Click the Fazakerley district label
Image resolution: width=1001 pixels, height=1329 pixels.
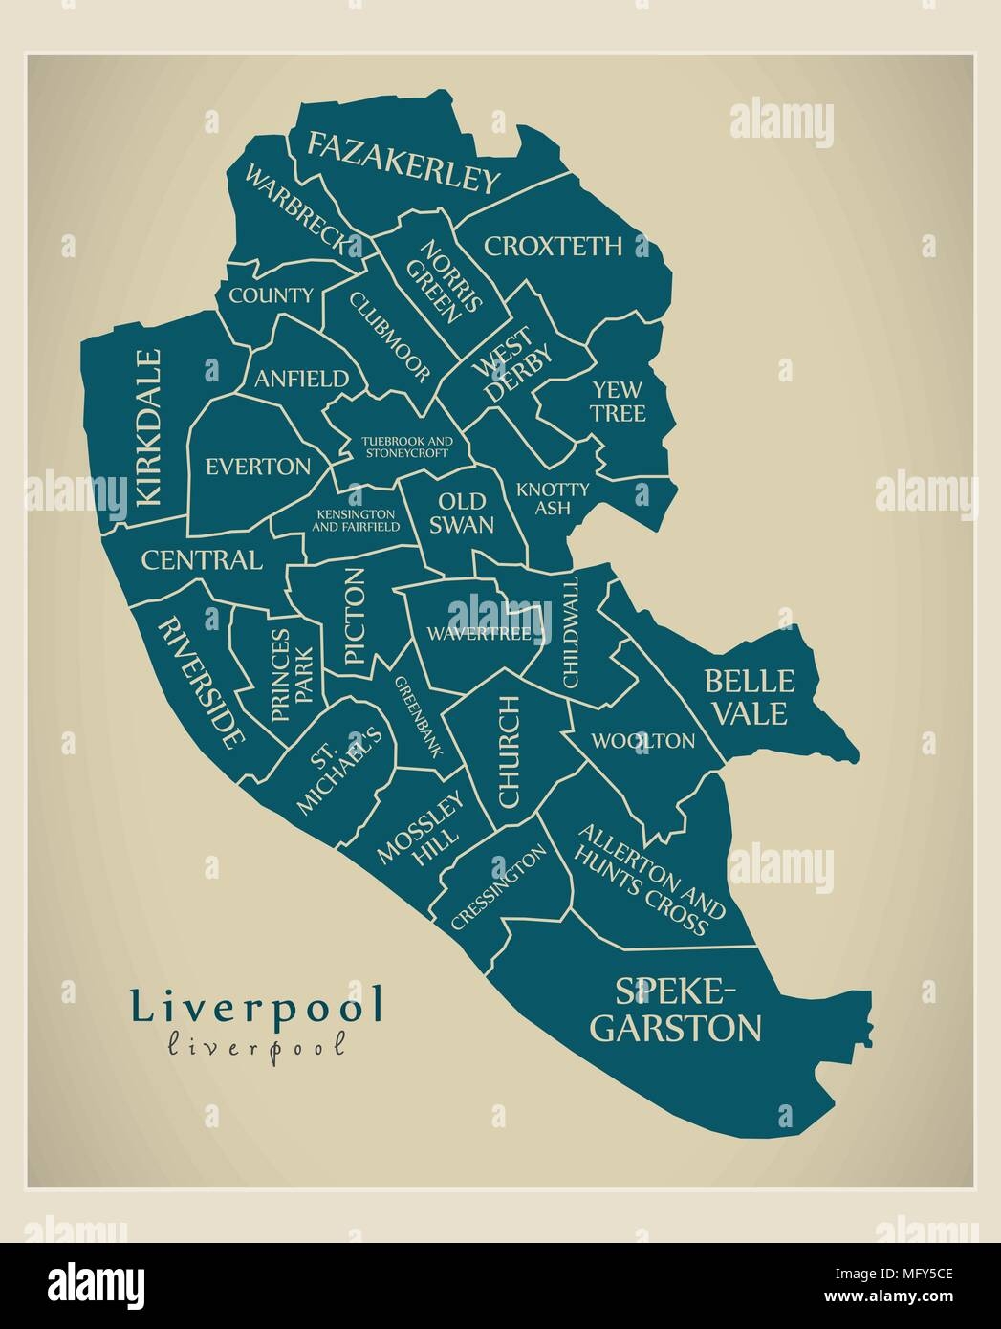(403, 163)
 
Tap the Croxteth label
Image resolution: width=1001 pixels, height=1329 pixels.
(553, 247)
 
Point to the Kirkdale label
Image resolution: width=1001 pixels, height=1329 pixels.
(149, 426)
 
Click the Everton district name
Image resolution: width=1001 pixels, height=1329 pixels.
(258, 467)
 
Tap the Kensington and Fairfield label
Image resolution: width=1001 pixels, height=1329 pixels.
(357, 519)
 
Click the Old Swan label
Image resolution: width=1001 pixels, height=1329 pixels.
(466, 512)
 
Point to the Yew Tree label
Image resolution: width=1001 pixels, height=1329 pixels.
(619, 401)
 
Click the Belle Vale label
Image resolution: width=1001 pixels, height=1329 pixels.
(748, 696)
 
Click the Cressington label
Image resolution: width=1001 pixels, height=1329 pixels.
(498, 886)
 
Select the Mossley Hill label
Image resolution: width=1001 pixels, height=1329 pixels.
(420, 830)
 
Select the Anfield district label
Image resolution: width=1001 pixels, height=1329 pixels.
(301, 379)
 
